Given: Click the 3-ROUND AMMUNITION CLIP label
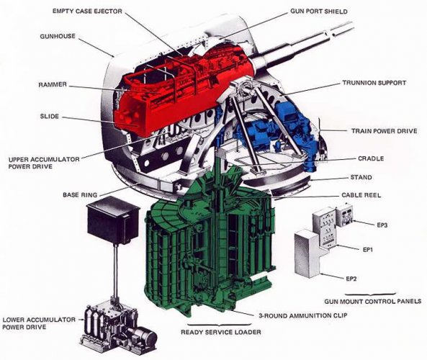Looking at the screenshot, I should pyautogui.click(x=302, y=315).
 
